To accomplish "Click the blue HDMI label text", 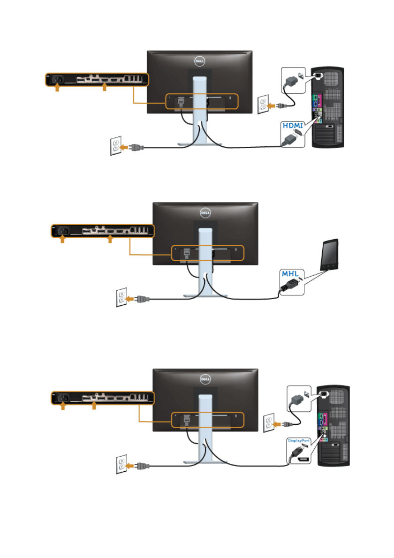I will point(292,125).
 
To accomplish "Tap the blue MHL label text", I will point(290,273).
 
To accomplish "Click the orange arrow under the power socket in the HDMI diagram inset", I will point(57,87).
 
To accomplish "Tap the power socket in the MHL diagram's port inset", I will point(63,230).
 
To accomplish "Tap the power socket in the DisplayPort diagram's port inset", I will point(63,398).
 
